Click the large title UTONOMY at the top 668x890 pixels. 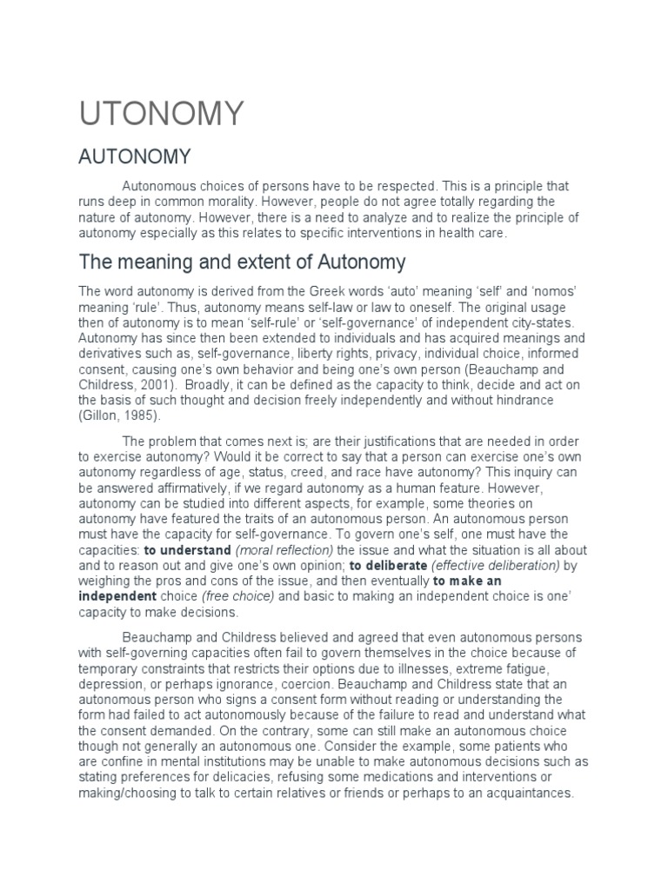point(163,113)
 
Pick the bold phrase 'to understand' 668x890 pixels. point(187,551)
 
